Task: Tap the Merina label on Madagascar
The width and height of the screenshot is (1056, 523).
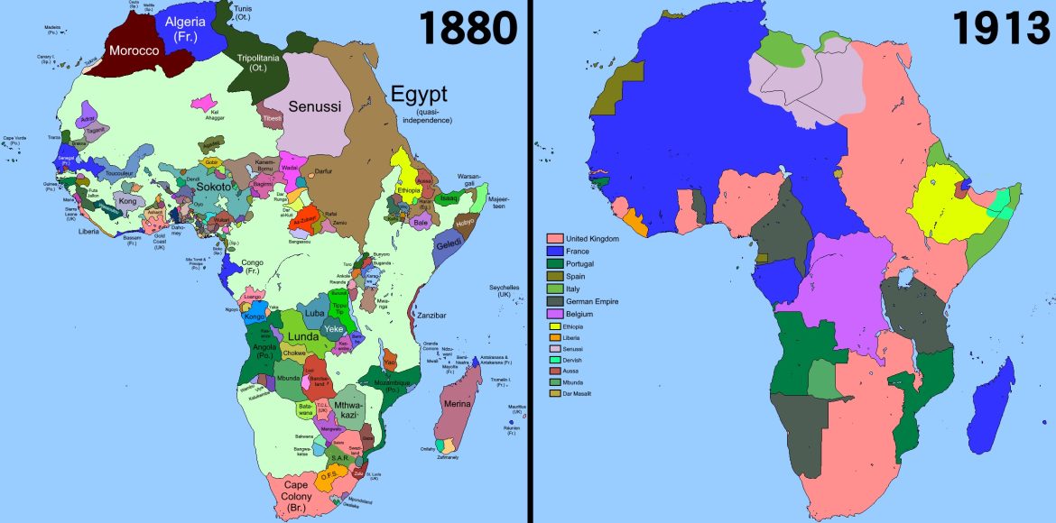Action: point(458,405)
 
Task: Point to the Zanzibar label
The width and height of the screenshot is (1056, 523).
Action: point(431,316)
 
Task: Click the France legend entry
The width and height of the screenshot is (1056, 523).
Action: point(579,250)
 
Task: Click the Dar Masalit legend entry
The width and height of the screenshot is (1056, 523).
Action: point(584,394)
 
